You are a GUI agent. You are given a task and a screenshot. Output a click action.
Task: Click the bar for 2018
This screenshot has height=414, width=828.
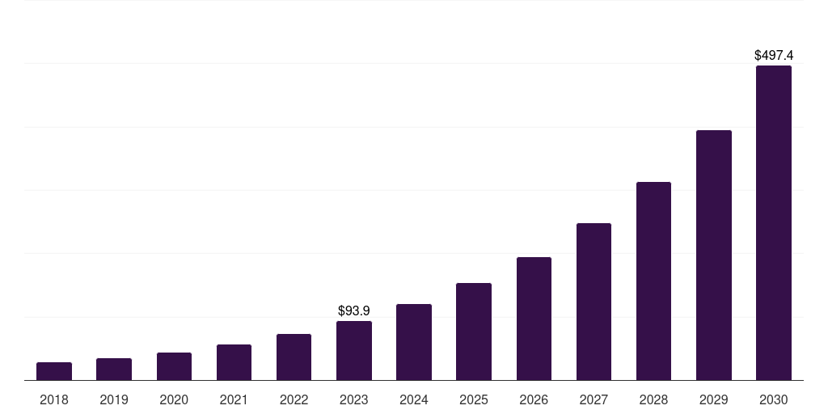(54, 371)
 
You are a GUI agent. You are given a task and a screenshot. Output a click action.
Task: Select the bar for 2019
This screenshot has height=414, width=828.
(114, 370)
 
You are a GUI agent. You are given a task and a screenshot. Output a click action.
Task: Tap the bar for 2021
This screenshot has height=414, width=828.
(234, 362)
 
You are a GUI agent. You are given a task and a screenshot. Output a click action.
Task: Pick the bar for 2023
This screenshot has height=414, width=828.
(354, 351)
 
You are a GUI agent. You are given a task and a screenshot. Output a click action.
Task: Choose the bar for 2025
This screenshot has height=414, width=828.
(474, 332)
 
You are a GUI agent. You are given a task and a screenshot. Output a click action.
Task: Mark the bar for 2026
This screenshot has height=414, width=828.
(534, 319)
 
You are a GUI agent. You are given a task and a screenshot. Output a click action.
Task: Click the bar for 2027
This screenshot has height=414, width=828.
(594, 302)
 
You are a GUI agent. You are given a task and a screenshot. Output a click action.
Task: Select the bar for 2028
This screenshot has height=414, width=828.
(653, 281)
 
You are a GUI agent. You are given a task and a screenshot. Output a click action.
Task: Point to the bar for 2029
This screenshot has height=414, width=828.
(714, 256)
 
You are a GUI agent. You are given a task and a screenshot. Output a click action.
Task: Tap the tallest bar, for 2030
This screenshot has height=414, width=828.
(774, 223)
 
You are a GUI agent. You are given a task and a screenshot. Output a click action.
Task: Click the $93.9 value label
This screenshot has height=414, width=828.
(354, 310)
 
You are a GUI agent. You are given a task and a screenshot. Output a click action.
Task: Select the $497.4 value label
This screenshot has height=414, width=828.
(774, 56)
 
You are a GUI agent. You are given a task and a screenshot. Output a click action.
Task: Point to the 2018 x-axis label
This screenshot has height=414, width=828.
(54, 399)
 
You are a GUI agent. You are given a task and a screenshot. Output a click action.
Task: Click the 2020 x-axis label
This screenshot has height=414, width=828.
(174, 399)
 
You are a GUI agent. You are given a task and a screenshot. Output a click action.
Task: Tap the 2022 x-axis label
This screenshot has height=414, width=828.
(294, 399)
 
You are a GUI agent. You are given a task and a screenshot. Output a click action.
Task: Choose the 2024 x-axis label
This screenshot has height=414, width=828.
(414, 399)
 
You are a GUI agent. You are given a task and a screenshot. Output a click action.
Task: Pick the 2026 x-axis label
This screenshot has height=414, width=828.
(534, 399)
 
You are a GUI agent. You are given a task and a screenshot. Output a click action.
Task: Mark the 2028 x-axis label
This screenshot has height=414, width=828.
(653, 399)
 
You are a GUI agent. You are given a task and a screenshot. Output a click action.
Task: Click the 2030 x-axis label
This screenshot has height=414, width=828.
(774, 399)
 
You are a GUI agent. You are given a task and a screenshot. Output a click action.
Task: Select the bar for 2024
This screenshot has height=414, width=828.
(414, 342)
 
